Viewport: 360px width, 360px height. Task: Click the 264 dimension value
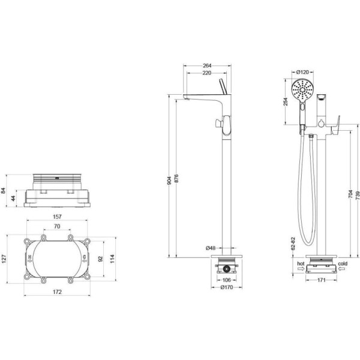[207, 65]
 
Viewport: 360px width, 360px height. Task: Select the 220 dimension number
[207, 73]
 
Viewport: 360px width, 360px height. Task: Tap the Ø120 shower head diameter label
[302, 73]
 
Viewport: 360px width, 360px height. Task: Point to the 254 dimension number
[286, 102]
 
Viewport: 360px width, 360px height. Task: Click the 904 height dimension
[169, 181]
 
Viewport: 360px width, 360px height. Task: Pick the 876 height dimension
[176, 179]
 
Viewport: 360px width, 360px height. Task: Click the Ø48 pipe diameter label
[211, 248]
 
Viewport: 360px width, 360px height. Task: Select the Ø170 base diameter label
[227, 287]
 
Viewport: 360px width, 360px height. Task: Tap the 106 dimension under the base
[227, 280]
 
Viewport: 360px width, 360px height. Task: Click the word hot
[301, 263]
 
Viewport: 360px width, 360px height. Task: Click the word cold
[343, 263]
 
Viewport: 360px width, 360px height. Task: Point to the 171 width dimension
[322, 280]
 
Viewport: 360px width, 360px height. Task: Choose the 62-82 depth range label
[293, 244]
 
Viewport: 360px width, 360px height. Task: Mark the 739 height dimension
[358, 195]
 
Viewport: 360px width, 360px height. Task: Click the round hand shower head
[302, 90]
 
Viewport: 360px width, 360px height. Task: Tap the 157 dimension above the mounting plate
[57, 217]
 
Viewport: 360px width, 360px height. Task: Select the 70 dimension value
[57, 226]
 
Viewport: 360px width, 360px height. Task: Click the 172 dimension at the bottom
[57, 292]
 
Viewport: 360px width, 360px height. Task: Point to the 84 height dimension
[3, 191]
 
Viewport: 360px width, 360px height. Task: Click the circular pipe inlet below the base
[227, 269]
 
